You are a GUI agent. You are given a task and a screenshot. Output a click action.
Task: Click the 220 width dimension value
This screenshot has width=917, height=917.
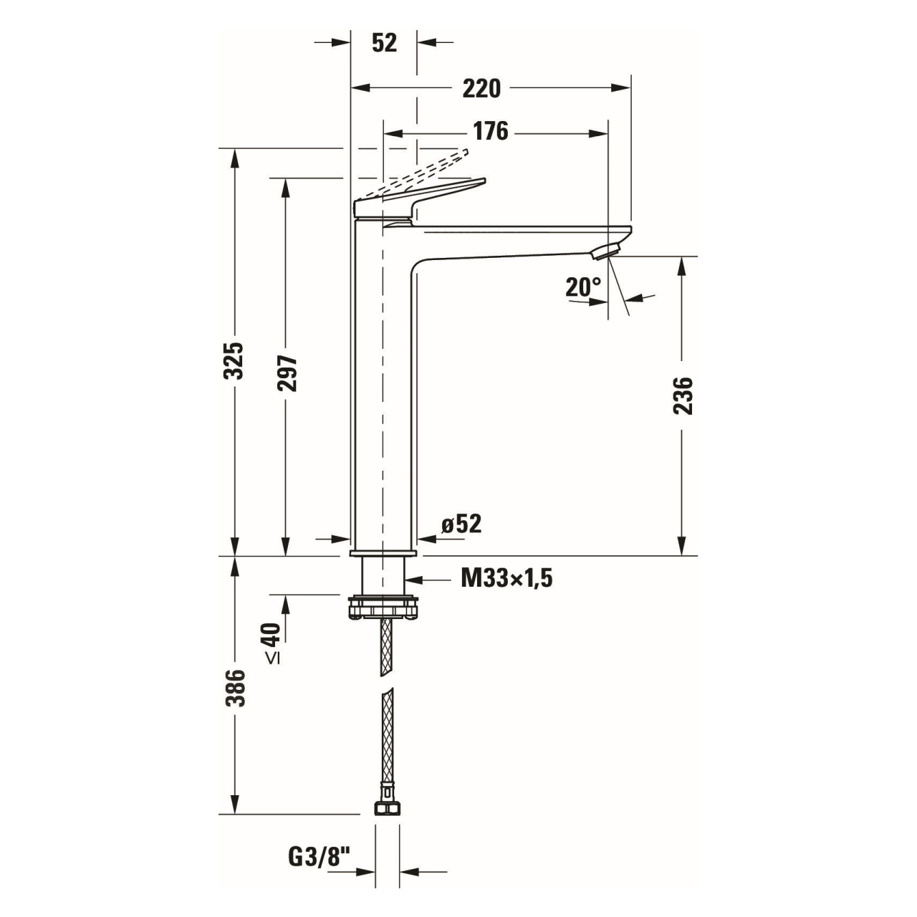click(481, 89)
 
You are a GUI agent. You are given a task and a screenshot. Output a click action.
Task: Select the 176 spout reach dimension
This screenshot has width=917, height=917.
click(490, 131)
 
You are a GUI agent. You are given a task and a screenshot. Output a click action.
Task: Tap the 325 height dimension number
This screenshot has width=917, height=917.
click(233, 360)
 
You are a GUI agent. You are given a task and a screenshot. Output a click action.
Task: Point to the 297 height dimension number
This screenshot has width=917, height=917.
click(287, 373)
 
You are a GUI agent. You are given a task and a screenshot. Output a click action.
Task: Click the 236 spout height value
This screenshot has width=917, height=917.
click(683, 396)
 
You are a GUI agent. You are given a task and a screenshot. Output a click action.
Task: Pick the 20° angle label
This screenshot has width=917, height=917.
click(583, 287)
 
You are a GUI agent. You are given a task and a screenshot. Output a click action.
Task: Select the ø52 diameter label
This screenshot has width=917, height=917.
click(461, 524)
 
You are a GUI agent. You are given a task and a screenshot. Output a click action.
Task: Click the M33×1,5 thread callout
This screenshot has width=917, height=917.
click(506, 579)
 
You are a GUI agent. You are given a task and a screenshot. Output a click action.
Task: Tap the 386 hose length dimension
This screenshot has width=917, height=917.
click(234, 688)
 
